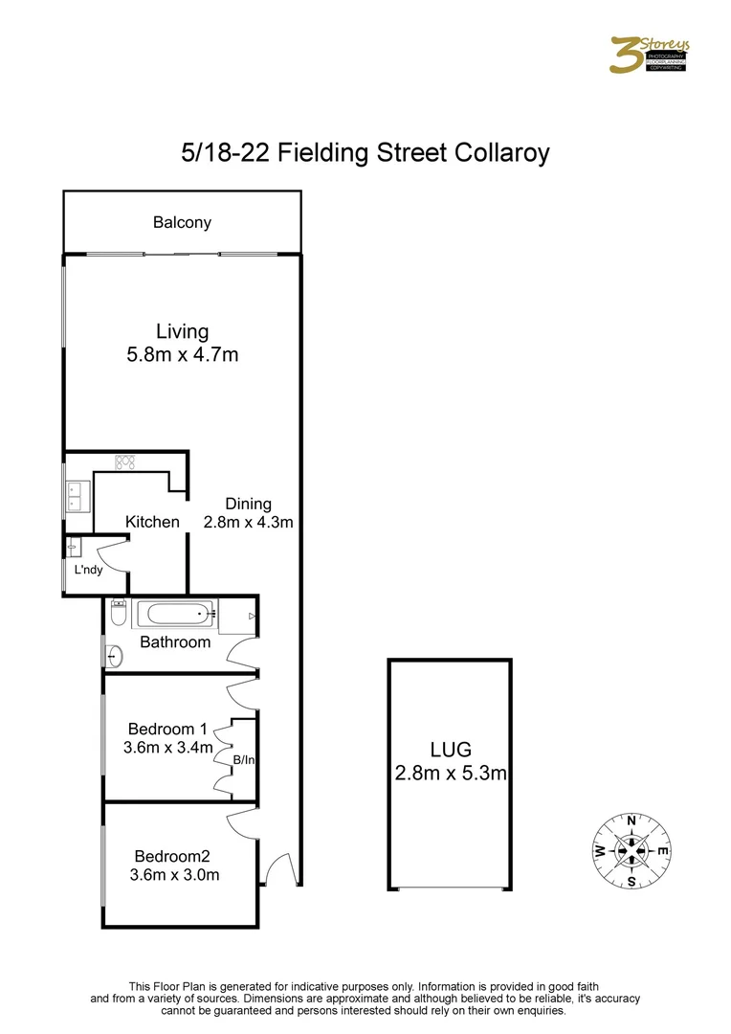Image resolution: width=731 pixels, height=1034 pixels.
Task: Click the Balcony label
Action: tap(182, 222)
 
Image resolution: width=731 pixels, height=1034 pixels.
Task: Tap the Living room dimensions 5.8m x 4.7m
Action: tap(182, 355)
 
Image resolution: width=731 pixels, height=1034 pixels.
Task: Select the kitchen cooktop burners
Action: tap(123, 462)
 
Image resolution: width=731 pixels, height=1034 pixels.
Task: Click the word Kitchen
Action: tap(152, 522)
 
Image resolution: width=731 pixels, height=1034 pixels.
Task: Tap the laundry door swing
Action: tap(114, 554)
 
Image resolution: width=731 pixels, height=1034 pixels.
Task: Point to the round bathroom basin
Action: tap(116, 656)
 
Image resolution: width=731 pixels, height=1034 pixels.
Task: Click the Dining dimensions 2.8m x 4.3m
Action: tap(248, 523)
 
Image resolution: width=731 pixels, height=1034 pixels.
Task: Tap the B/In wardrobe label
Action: tap(245, 759)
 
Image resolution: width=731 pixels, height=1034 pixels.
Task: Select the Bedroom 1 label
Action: tap(166, 728)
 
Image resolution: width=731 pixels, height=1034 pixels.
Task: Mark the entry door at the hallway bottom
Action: tap(278, 869)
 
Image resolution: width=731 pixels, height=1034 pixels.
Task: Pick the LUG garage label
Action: tap(450, 750)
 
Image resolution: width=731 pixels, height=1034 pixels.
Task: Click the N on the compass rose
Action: tap(631, 820)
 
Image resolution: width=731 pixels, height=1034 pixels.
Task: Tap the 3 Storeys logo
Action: tap(650, 55)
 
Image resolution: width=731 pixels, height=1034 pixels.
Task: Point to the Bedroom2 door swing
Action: tap(241, 819)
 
